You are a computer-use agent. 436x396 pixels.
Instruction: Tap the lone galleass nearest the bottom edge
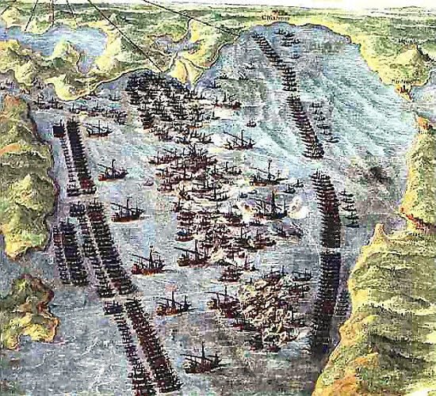pos(201,360)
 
